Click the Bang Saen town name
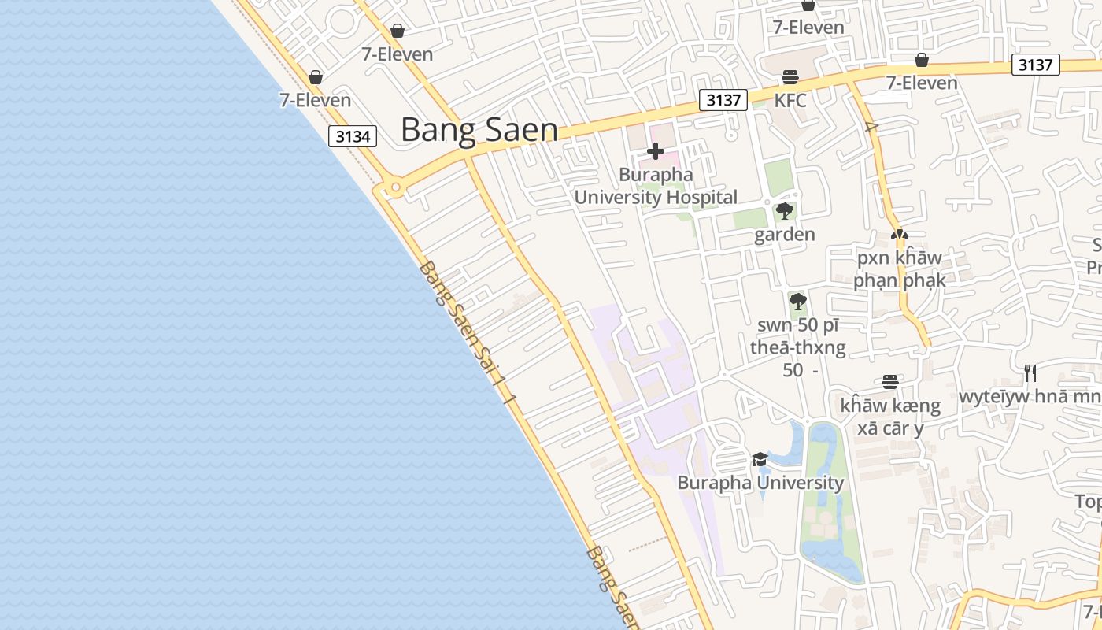tap(479, 130)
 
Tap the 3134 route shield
tap(353, 136)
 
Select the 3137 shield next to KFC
tap(723, 100)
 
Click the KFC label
tap(790, 100)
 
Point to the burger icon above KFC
tap(790, 77)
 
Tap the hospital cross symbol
tap(655, 151)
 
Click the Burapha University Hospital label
tap(655, 186)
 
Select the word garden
tap(784, 235)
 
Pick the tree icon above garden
tap(784, 211)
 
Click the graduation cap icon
tap(760, 459)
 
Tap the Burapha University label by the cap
tap(760, 483)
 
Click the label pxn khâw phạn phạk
tap(899, 269)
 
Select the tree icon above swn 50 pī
tap(797, 301)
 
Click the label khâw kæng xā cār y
tap(889, 417)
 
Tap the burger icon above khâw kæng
tap(889, 382)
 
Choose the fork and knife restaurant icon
tap(1029, 372)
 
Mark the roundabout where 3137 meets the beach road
tap(395, 188)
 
